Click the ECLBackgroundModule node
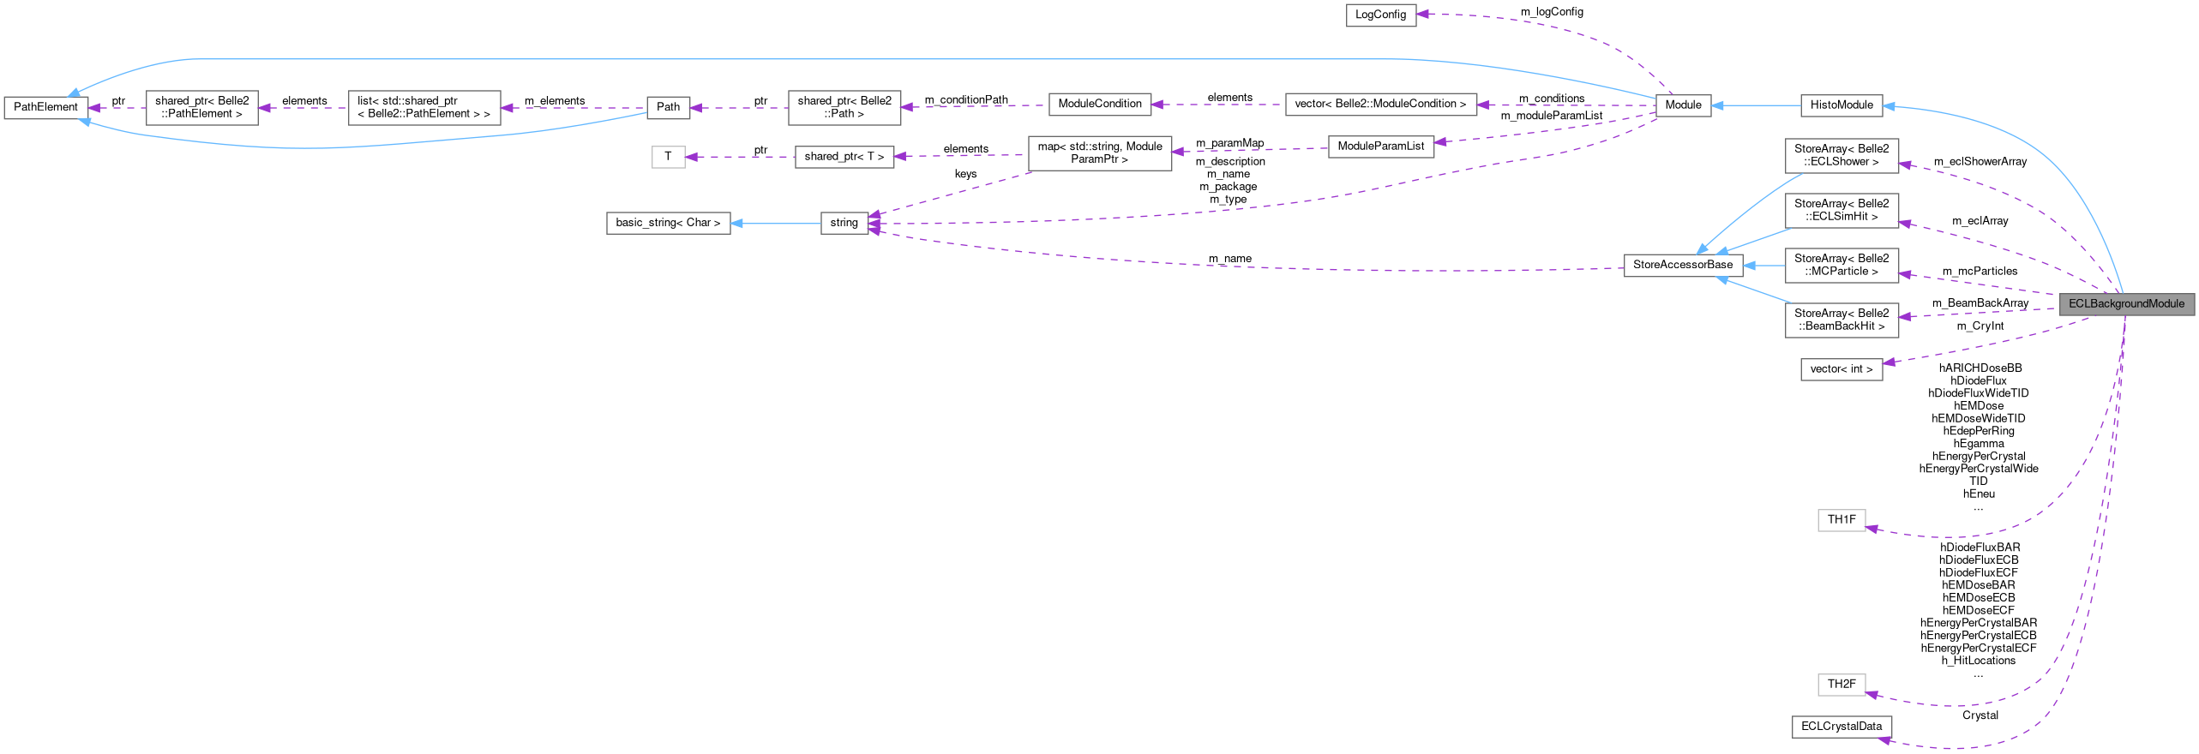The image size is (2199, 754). (x=2126, y=303)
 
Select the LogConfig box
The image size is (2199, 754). (x=1380, y=15)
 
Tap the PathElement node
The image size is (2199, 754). (x=46, y=107)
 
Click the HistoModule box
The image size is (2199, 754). (x=1841, y=105)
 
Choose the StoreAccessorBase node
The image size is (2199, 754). (x=1682, y=265)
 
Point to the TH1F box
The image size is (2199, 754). (x=1841, y=519)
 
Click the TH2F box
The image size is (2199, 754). (x=1841, y=684)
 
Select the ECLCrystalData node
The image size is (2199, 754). (x=1841, y=727)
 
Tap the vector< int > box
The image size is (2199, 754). (x=1841, y=369)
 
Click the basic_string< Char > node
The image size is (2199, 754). (x=668, y=223)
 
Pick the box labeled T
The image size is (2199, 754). (x=668, y=157)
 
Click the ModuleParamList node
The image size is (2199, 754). (x=1380, y=147)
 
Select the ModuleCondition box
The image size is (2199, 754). (x=1099, y=104)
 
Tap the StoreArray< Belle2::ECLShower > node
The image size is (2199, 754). (x=1841, y=155)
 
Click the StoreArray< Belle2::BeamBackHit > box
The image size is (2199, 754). (x=1841, y=320)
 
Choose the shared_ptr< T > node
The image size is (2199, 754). (x=844, y=157)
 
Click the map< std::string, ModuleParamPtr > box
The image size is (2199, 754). (x=1099, y=153)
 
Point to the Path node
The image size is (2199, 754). (x=668, y=107)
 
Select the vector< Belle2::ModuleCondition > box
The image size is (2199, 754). (x=1380, y=104)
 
